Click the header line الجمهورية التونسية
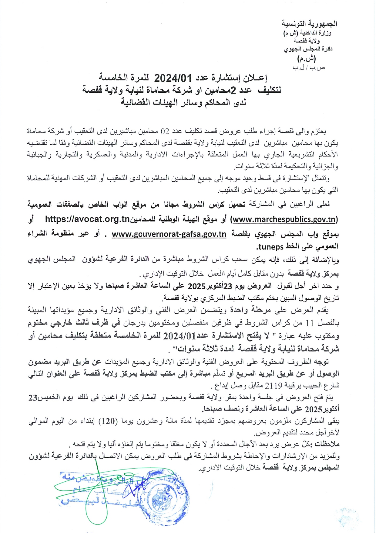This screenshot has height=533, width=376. [309, 24]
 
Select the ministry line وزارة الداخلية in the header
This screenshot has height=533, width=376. [315, 33]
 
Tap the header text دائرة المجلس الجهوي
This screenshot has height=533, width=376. [308, 49]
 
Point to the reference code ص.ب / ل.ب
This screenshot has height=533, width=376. [309, 67]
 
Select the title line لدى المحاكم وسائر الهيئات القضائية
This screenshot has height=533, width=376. [183, 102]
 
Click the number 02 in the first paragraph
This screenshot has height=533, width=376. [165, 132]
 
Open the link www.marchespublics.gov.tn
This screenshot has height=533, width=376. [284, 219]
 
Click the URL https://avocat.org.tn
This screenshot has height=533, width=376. [87, 219]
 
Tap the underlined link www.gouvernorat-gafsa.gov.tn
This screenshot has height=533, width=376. [169, 234]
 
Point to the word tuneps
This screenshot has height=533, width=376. [270, 246]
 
